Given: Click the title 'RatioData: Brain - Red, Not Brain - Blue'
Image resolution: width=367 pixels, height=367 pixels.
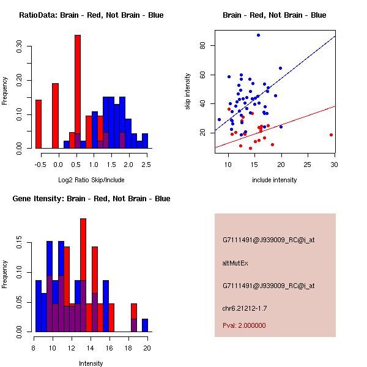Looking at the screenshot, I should [91, 15].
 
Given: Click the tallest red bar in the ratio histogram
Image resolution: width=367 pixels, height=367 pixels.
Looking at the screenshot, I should [78, 92].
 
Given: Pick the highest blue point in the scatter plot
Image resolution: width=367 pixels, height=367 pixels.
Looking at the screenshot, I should [258, 35].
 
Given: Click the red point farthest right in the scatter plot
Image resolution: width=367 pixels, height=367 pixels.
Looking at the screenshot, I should [331, 135].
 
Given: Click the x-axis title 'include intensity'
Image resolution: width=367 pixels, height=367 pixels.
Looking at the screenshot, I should [275, 180].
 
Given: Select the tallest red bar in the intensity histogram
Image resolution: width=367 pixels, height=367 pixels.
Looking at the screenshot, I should [83, 275].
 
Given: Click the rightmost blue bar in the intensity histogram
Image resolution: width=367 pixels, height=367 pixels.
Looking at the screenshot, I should [145, 325].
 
